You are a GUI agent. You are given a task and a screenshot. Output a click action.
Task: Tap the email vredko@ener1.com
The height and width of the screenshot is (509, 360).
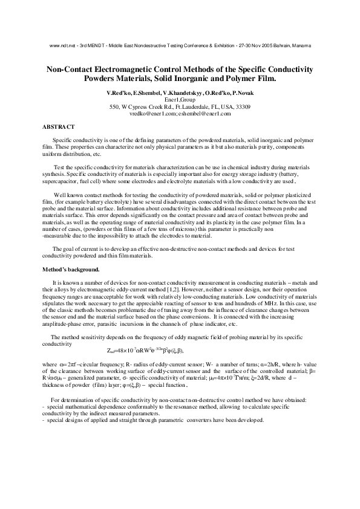point(152,113)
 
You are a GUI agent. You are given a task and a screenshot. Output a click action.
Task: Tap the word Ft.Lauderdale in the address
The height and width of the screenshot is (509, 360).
point(189,106)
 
